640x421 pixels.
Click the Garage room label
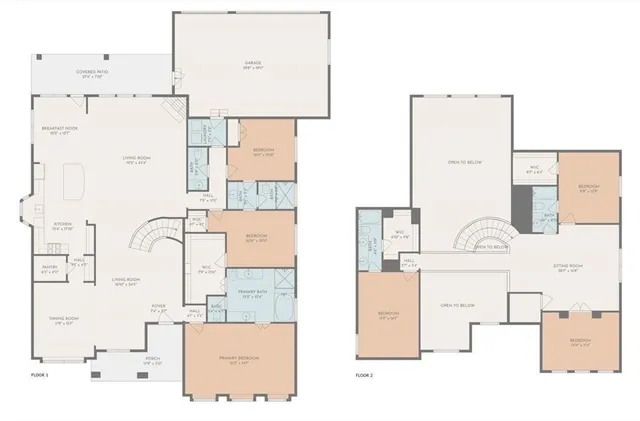pyautogui.click(x=252, y=65)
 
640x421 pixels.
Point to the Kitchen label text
pyautogui.click(x=62, y=225)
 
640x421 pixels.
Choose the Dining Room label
pyautogui.click(x=64, y=321)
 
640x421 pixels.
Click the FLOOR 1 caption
pyautogui.click(x=40, y=375)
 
